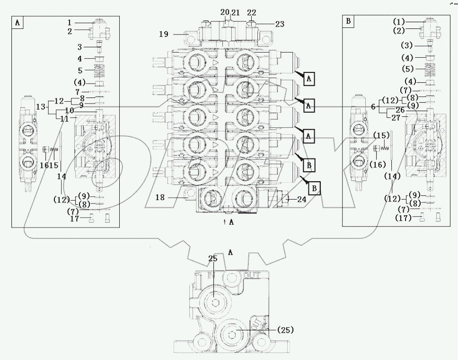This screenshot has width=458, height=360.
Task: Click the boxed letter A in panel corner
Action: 17,23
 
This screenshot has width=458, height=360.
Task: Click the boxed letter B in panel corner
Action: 348,21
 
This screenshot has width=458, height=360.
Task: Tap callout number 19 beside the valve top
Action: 164,34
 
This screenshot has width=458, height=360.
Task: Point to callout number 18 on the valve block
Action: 160,198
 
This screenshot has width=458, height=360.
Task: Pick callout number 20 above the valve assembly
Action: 225,12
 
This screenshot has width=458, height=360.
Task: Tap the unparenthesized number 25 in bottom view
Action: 212,259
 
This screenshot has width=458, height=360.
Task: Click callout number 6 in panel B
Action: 374,107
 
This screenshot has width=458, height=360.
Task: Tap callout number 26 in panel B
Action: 400,111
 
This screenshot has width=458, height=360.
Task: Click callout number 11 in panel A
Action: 65,119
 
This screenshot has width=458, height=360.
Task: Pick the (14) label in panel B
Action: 393,176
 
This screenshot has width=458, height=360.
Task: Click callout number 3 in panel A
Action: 80,47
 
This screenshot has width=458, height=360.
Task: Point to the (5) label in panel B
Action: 407,69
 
